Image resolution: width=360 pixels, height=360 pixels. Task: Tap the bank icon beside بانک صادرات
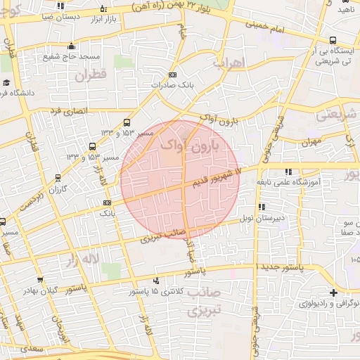pos(173,75)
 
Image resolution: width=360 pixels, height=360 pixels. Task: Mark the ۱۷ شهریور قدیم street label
pos(218,174)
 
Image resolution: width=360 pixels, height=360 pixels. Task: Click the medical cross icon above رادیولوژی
pos(333,292)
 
